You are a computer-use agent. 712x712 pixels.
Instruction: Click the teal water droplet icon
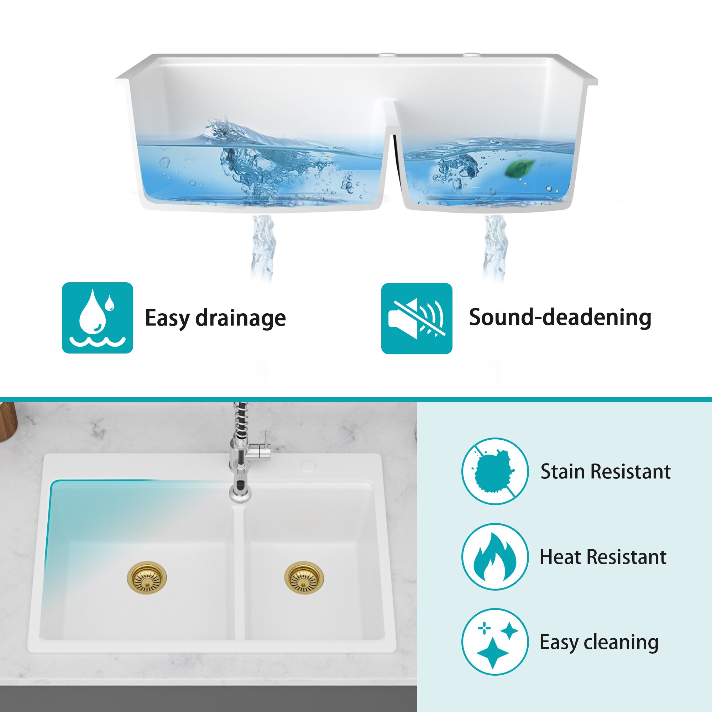coord(97,318)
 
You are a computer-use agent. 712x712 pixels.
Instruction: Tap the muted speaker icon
coord(417,318)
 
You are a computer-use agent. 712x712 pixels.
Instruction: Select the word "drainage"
coord(240,318)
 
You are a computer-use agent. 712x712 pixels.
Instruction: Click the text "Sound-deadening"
coord(560,317)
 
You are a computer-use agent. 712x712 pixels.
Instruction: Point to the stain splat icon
coord(495,471)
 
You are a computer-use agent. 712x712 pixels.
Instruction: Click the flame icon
coord(495,556)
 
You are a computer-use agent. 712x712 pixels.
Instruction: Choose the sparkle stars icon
coord(495,642)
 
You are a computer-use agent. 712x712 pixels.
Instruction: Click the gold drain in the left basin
coord(147,578)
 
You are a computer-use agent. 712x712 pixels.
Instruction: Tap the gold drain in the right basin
coord(304,578)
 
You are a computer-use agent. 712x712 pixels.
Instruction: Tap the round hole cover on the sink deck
coord(308,466)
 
